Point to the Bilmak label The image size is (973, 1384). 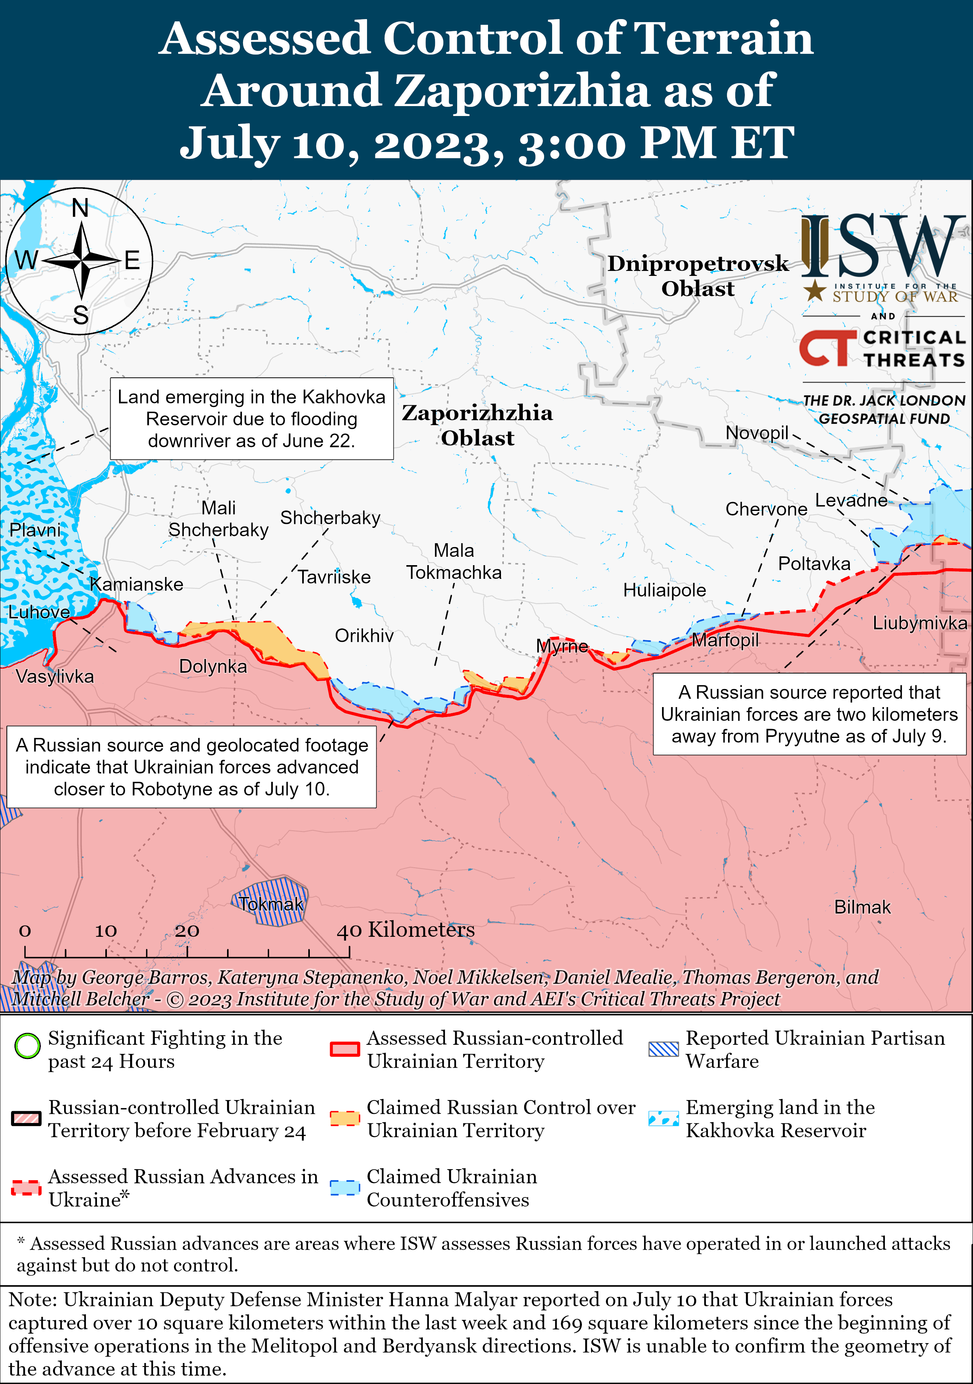(x=862, y=907)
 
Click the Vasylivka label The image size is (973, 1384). (x=55, y=676)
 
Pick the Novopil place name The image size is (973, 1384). (x=757, y=432)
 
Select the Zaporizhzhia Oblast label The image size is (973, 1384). (x=477, y=425)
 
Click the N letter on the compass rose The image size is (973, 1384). (x=80, y=209)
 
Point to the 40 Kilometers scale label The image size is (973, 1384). (x=405, y=930)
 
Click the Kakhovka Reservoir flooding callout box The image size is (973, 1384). (x=251, y=419)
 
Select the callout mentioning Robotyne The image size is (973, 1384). (x=192, y=767)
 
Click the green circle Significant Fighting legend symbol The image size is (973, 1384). (x=27, y=1046)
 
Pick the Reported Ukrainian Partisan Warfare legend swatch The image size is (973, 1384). (x=663, y=1049)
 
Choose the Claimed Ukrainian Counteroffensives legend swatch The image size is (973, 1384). (x=345, y=1187)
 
